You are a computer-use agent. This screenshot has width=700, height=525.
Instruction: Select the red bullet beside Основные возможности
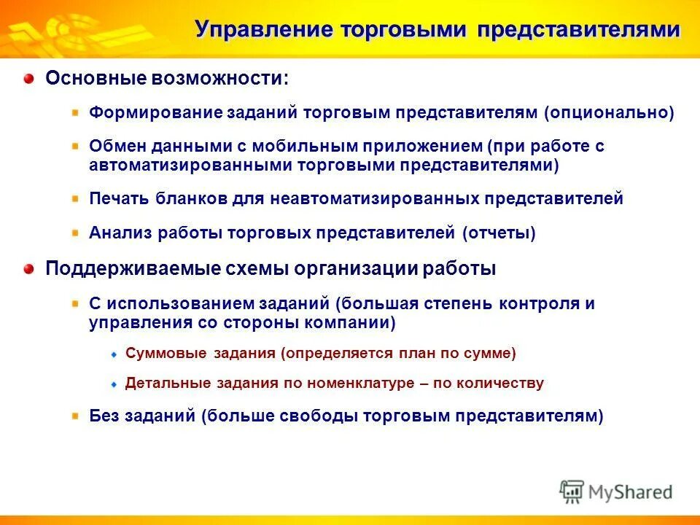click(28, 78)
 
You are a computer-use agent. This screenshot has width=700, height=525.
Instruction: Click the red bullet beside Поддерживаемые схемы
click(28, 268)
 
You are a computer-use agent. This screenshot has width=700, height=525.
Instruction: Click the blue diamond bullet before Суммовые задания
click(114, 354)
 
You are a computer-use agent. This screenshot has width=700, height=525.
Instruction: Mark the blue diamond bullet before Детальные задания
click(114, 384)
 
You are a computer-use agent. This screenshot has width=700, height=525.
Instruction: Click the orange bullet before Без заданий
click(76, 415)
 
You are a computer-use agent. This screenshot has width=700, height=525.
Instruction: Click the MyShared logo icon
click(572, 491)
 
